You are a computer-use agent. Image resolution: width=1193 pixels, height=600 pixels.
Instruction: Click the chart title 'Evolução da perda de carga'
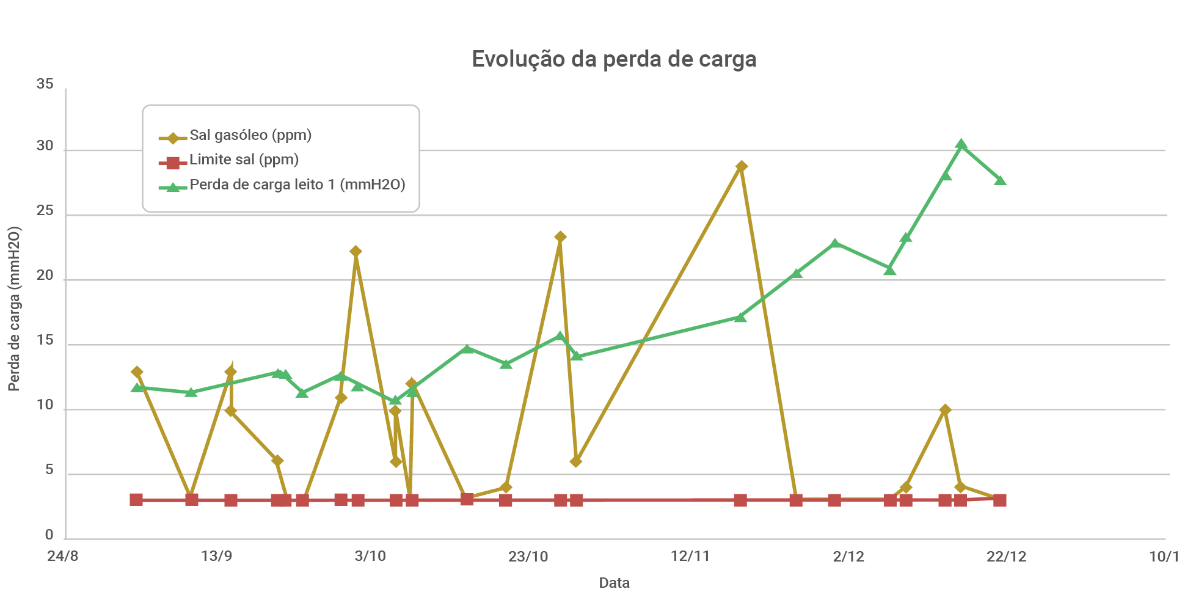pyautogui.click(x=614, y=59)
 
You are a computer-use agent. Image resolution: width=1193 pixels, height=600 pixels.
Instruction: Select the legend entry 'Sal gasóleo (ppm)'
pyautogui.click(x=250, y=135)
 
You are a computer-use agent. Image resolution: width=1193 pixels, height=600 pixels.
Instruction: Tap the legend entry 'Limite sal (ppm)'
pyautogui.click(x=244, y=160)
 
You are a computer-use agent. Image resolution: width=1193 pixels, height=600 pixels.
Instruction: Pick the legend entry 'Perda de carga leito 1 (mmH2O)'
pyautogui.click(x=297, y=185)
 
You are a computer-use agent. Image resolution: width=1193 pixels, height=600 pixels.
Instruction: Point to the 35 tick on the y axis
pyautogui.click(x=45, y=84)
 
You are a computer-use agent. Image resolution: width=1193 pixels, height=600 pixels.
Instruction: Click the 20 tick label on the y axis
pyautogui.click(x=45, y=276)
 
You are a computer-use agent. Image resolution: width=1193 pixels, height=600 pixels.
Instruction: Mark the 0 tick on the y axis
pyautogui.click(x=49, y=535)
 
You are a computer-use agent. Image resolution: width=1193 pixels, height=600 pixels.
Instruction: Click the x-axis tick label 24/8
pyautogui.click(x=63, y=557)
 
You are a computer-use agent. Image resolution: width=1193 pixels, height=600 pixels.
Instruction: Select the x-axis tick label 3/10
pyautogui.click(x=370, y=557)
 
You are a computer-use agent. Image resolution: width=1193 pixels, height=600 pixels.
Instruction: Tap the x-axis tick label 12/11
pyautogui.click(x=690, y=557)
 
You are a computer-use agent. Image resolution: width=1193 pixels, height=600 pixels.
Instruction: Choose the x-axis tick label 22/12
pyautogui.click(x=1007, y=557)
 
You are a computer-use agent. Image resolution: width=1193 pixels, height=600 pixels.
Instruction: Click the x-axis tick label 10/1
pyautogui.click(x=1164, y=557)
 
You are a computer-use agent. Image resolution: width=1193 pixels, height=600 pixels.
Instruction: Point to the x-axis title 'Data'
pyautogui.click(x=614, y=583)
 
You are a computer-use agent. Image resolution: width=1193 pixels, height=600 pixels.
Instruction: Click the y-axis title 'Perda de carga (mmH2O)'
pyautogui.click(x=15, y=309)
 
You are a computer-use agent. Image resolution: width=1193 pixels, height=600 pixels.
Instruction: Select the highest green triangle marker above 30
pyautogui.click(x=961, y=145)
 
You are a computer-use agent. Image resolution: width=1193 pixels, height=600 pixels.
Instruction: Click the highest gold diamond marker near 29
pyautogui.click(x=742, y=167)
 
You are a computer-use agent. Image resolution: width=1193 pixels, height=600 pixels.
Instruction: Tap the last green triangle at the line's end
pyautogui.click(x=1000, y=180)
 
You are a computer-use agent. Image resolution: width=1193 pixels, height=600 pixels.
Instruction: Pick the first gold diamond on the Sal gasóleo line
pyautogui.click(x=137, y=372)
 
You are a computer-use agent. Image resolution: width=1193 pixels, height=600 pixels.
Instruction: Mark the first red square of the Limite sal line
pyautogui.click(x=136, y=500)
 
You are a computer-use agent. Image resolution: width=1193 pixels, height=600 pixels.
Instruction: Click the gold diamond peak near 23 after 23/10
pyautogui.click(x=560, y=237)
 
